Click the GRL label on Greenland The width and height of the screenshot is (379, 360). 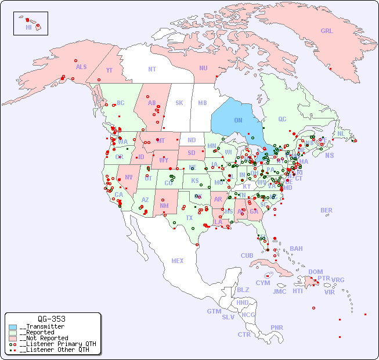click(x=327, y=31)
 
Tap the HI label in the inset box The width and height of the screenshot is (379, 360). click(x=28, y=27)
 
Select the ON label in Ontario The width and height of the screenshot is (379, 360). click(x=238, y=120)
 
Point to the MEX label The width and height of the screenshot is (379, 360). click(x=178, y=261)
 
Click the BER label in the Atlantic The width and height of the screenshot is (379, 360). click(x=327, y=210)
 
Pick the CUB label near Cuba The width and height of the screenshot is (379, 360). click(x=247, y=255)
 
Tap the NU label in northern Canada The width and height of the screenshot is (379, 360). click(x=203, y=68)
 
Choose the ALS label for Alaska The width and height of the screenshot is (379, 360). click(x=81, y=67)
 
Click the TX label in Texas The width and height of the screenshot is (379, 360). click(x=189, y=218)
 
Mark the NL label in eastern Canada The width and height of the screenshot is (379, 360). click(x=341, y=133)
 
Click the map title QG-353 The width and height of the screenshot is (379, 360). click(x=52, y=319)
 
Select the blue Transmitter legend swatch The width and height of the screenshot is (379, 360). click(x=13, y=327)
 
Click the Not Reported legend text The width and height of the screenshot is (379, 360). click(x=44, y=338)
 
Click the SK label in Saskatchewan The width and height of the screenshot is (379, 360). click(x=179, y=103)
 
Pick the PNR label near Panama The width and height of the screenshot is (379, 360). click(x=277, y=327)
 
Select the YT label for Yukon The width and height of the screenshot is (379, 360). click(x=109, y=70)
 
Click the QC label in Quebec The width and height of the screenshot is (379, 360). click(x=282, y=119)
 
